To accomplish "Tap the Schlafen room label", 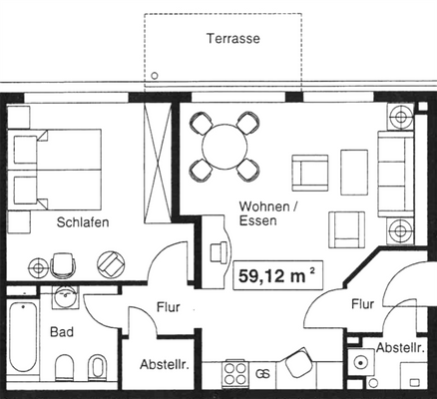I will point(83,222).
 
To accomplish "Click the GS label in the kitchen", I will point(263,374).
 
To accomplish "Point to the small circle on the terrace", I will point(155,75).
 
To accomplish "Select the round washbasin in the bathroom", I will point(67,297).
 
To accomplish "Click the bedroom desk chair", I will point(62,261).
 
